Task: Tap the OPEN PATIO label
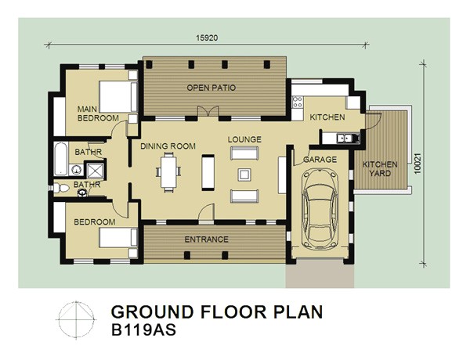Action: click(x=211, y=88)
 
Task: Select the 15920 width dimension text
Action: click(x=207, y=38)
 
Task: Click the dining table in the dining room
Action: click(x=168, y=172)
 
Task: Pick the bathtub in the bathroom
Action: click(x=61, y=159)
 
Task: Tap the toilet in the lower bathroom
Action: click(x=61, y=188)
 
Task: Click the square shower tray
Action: click(x=96, y=171)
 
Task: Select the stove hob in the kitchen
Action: click(x=298, y=102)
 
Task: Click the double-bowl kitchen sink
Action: click(x=345, y=139)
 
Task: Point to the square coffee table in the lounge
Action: click(x=244, y=175)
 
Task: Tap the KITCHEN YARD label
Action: click(x=380, y=169)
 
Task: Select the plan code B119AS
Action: click(x=143, y=330)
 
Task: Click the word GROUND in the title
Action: click(x=153, y=311)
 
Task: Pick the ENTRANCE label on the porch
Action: click(x=206, y=239)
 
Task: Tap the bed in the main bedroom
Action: click(x=118, y=97)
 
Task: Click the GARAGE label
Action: click(x=320, y=160)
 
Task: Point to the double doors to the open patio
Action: click(x=208, y=111)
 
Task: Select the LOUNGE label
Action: click(x=244, y=139)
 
